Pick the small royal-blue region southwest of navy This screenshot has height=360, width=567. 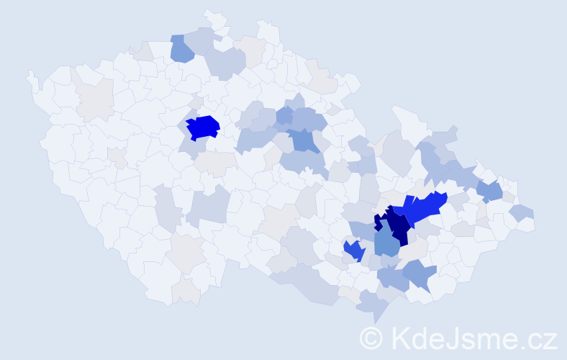[x=353, y=250]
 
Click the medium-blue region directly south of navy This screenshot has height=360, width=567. [x=387, y=244]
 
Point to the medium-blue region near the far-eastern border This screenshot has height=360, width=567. [x=489, y=191]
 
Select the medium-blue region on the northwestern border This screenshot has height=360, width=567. [x=182, y=49]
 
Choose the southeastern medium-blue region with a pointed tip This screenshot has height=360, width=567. [x=419, y=274]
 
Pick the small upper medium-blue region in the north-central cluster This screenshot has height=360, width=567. [x=285, y=114]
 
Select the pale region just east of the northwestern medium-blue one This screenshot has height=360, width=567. [x=204, y=40]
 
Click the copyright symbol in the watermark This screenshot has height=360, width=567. [x=371, y=338]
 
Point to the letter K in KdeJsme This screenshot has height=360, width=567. [x=398, y=338]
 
